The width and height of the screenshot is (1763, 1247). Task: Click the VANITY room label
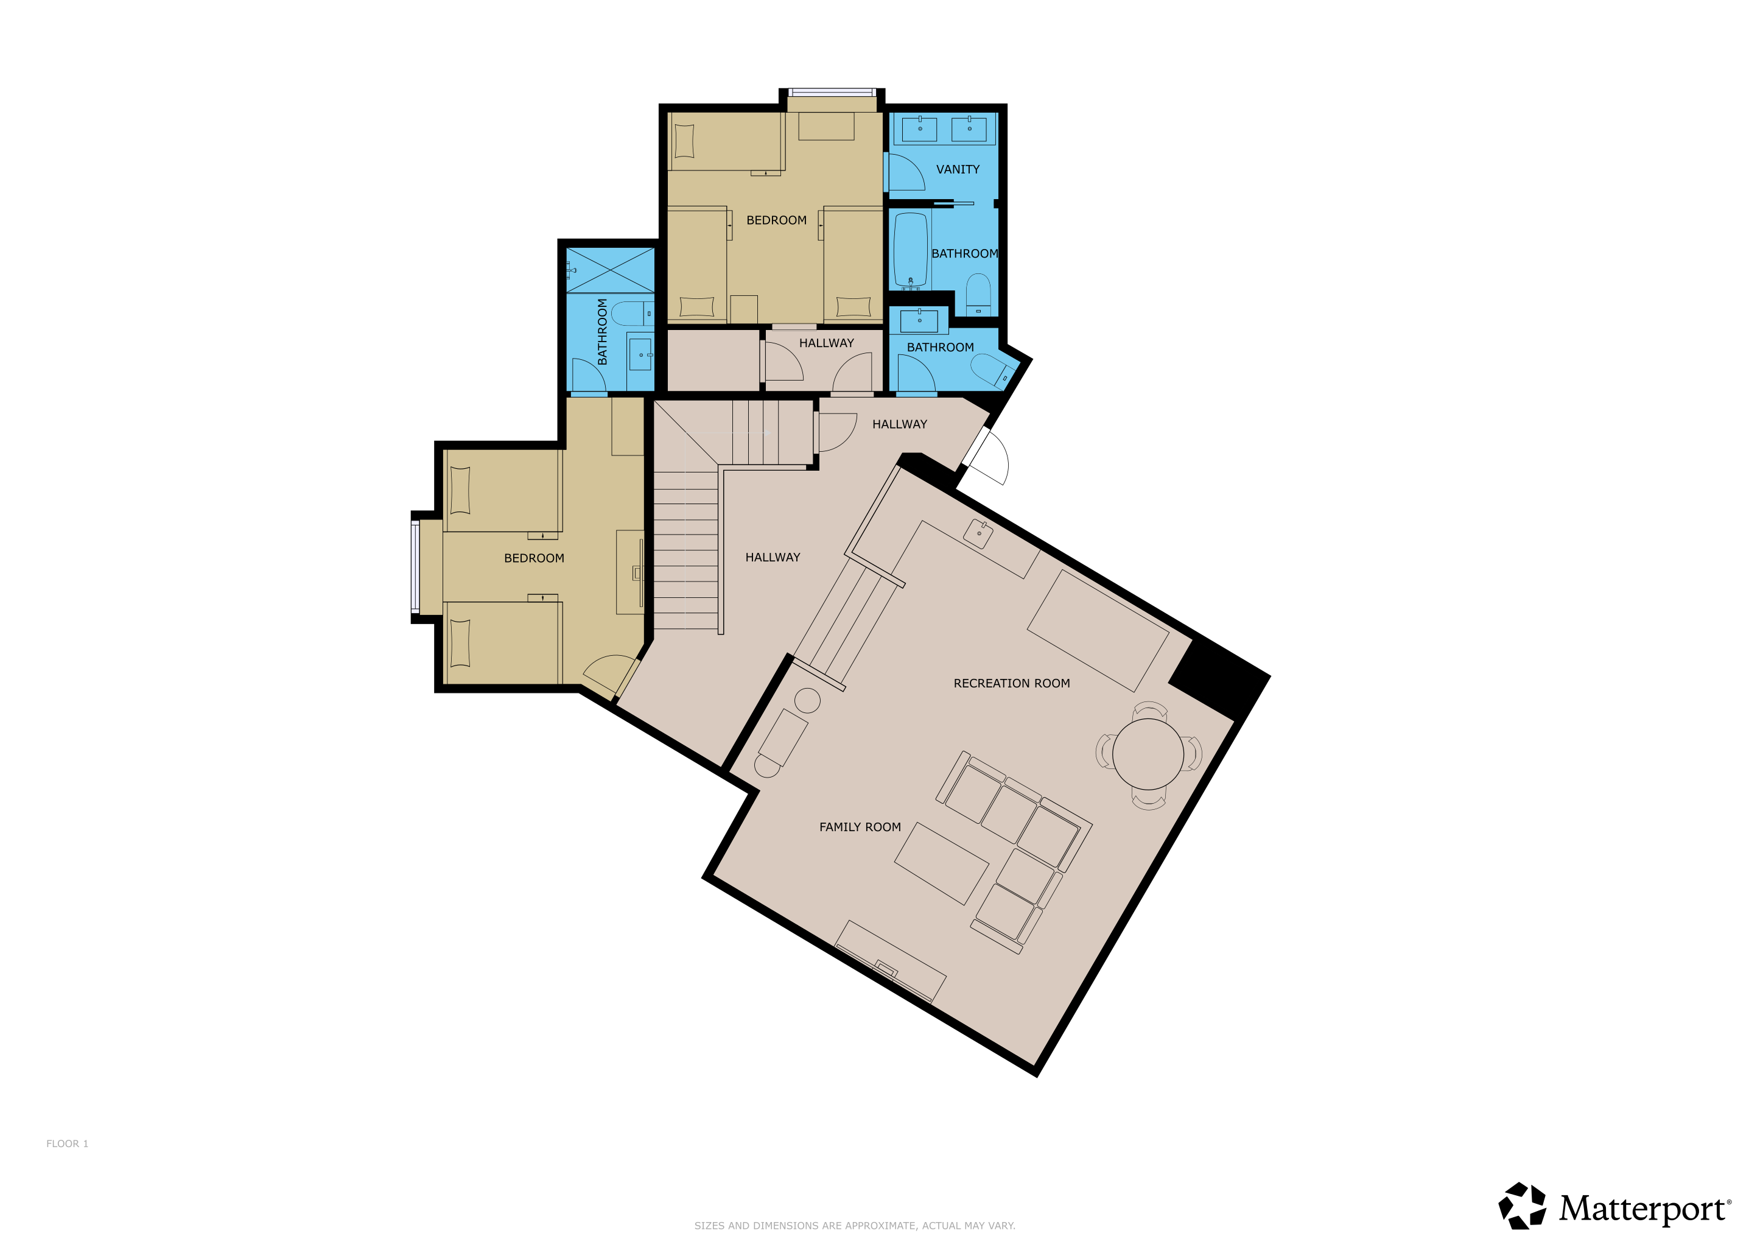pos(958,169)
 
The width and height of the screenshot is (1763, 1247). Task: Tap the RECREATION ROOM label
pos(1011,683)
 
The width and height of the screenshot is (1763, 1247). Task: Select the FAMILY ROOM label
pos(860,827)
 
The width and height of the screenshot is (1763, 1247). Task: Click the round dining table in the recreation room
pos(1148,754)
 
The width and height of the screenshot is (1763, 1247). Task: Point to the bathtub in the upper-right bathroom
pos(911,250)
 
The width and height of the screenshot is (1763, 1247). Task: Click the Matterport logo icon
pos(1522,1206)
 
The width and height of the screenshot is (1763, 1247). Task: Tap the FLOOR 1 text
pos(68,1143)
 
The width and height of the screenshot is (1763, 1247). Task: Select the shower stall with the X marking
pos(611,270)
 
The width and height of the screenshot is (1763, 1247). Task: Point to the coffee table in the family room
pos(941,864)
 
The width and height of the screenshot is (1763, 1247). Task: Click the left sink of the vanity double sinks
pos(919,129)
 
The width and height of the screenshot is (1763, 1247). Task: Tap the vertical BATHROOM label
pos(602,332)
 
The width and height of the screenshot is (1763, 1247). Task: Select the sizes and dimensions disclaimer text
pos(855,1226)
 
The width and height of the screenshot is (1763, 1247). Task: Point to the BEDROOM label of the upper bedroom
pos(776,220)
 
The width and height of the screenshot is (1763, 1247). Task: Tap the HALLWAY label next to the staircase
pos(773,558)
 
